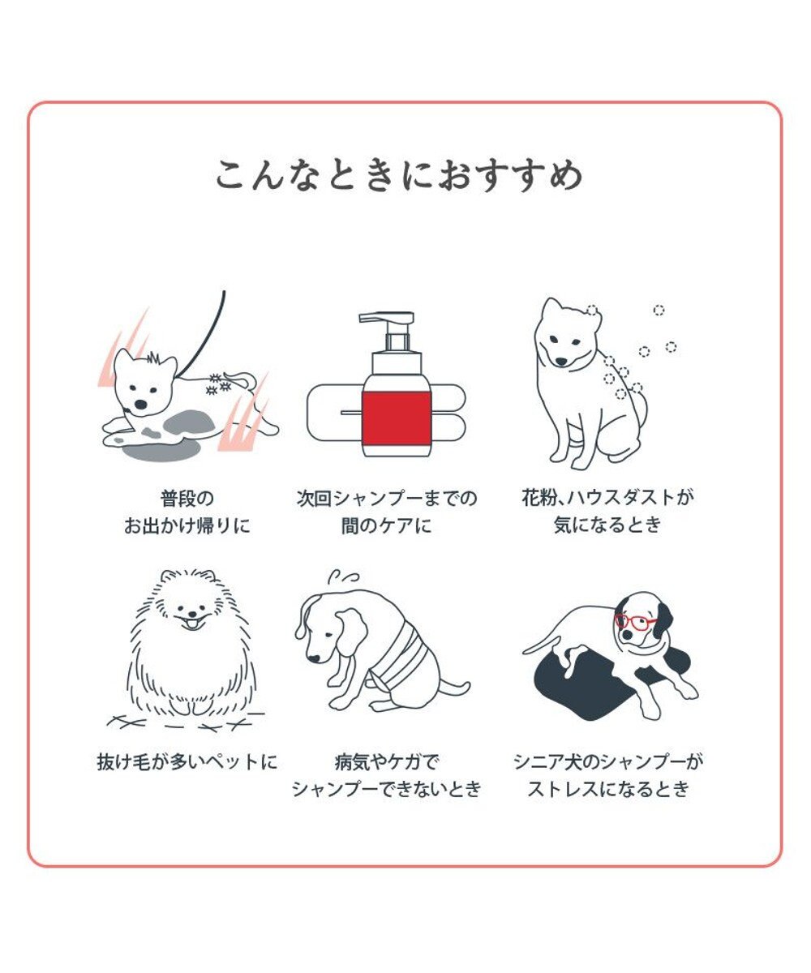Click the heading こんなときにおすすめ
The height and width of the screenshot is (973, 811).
pos(399,174)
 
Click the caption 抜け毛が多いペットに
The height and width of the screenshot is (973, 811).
pos(187,762)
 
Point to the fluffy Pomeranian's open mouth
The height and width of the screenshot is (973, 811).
pos(191,624)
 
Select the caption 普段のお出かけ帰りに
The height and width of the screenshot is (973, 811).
pos(187,512)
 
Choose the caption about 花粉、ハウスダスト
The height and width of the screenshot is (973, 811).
pos(607,511)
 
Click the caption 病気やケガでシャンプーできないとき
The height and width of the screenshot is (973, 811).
pos(387,775)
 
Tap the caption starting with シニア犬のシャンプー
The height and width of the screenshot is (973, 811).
pos(608,775)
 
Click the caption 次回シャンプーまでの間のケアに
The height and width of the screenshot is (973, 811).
pos(387,512)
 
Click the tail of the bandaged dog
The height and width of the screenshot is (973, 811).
pos(454,689)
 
